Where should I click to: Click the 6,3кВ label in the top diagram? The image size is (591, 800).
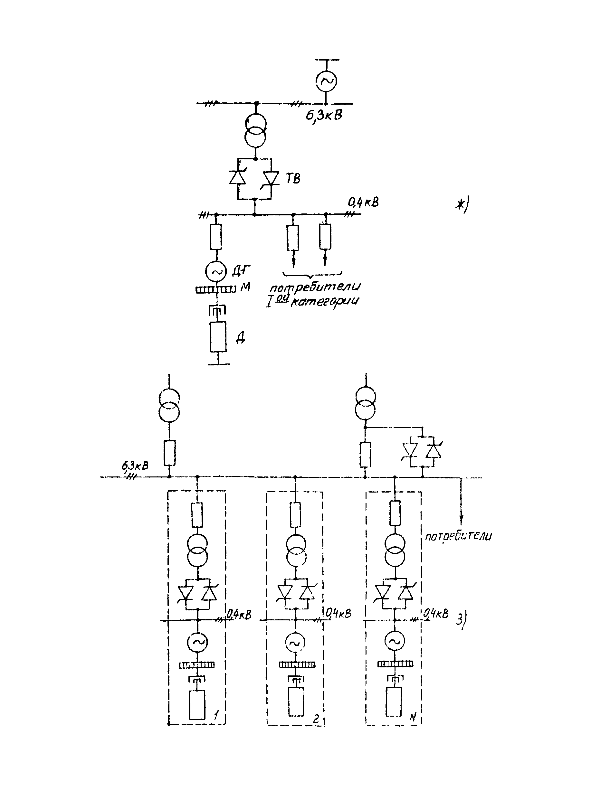(x=324, y=115)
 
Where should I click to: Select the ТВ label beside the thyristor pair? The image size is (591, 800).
(x=293, y=178)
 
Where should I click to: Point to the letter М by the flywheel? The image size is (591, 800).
(x=245, y=287)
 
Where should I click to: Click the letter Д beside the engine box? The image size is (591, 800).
(x=240, y=337)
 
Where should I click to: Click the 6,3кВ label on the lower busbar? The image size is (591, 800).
(x=135, y=466)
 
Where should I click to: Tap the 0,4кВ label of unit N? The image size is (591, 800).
(x=436, y=614)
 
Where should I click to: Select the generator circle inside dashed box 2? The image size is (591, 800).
(x=296, y=643)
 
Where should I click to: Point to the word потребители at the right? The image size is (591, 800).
(x=458, y=536)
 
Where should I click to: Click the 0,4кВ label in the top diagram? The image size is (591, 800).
(x=363, y=203)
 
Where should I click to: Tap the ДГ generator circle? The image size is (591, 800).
(x=216, y=271)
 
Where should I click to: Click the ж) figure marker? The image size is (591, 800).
(x=462, y=206)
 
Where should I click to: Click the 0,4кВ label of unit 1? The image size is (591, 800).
(x=239, y=614)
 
